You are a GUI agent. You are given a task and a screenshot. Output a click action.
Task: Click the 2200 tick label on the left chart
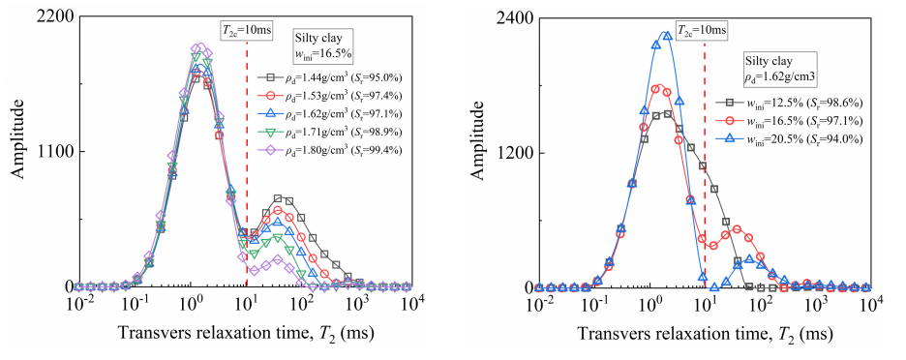[56, 17]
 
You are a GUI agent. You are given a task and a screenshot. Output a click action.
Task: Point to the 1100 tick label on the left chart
[56, 152]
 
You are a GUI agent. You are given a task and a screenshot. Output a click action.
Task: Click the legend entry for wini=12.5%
[789, 103]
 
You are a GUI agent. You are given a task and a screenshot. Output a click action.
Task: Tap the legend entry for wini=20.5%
[789, 138]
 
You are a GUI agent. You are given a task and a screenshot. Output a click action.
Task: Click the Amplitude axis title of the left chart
[18, 139]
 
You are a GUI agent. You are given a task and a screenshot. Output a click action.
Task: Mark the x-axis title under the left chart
[246, 333]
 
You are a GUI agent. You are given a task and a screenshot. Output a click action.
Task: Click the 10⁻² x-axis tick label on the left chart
[78, 303]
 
